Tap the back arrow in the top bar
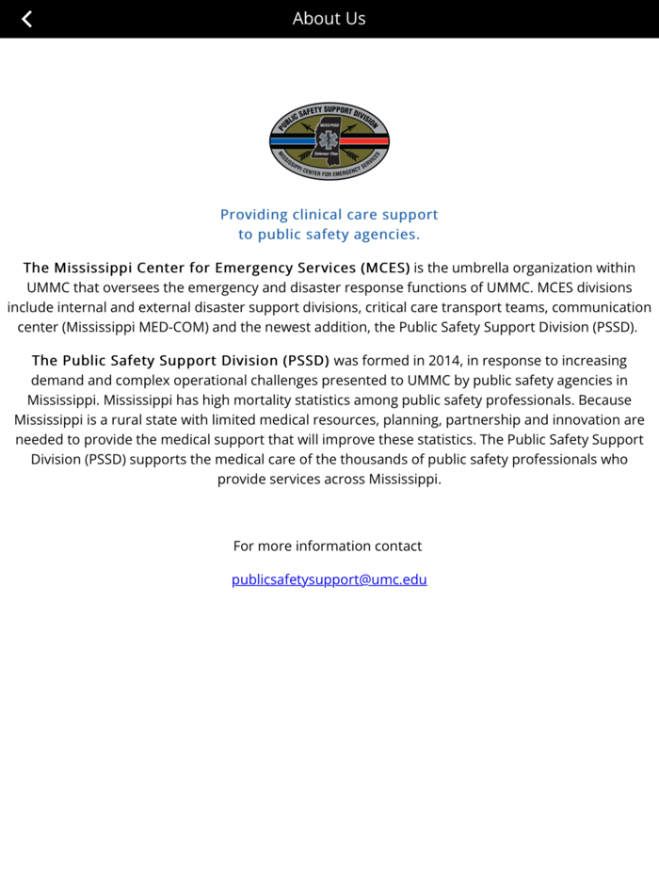coord(27,19)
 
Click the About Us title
coord(329,18)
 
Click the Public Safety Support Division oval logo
coord(329,141)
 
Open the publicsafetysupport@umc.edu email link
coord(329,579)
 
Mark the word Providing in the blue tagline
coord(254,214)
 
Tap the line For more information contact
coord(328,546)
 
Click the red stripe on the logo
coord(371,140)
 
